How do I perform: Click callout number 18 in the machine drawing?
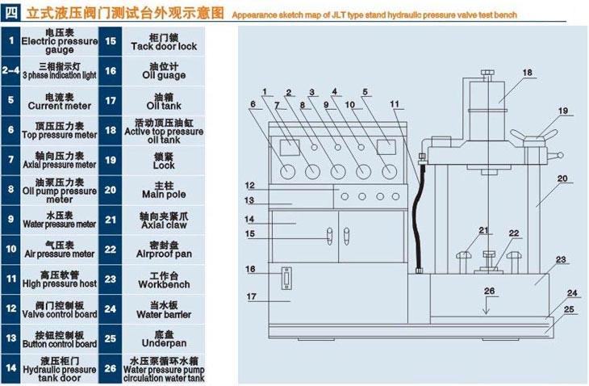[527, 73]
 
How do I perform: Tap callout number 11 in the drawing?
[394, 103]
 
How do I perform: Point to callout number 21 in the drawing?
[482, 231]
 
